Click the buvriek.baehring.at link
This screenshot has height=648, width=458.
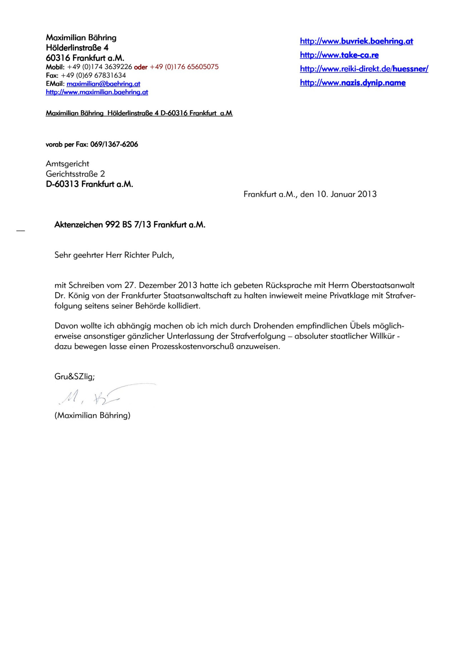tap(356, 41)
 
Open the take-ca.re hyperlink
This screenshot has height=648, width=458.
tap(339, 55)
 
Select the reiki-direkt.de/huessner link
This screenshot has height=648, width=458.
tap(364, 69)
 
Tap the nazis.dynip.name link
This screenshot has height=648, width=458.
tap(352, 83)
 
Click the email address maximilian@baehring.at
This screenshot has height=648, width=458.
tap(103, 84)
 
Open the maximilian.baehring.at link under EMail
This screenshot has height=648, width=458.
tap(97, 92)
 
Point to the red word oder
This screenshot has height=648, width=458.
tap(141, 67)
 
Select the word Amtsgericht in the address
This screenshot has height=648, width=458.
tap(67, 164)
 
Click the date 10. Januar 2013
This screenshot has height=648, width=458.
tap(346, 194)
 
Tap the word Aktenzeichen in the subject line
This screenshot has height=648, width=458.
tap(78, 225)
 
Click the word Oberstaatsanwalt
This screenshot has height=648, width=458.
tap(383, 286)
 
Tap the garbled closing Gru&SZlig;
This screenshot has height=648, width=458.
tap(74, 376)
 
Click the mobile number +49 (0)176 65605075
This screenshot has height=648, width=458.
tap(184, 67)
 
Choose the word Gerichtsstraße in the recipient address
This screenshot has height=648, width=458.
tap(72, 174)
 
